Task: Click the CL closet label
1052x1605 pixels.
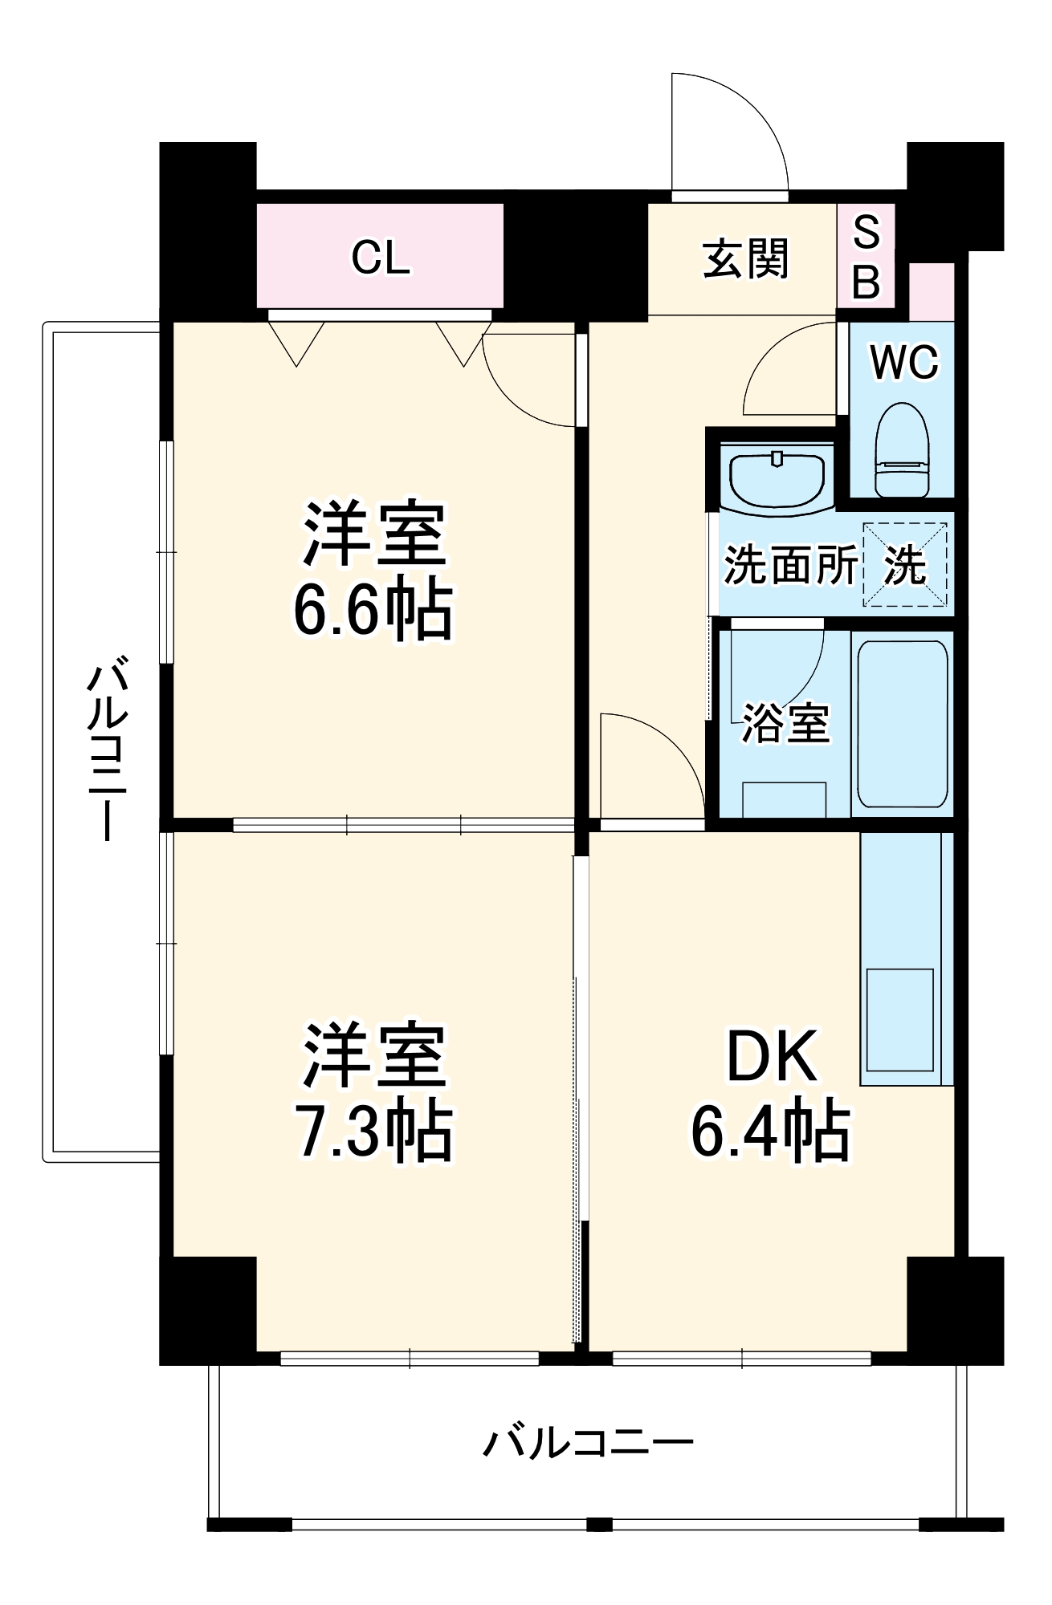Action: click(381, 258)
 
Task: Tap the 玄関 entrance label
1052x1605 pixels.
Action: click(746, 258)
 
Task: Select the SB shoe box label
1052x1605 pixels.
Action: click(866, 257)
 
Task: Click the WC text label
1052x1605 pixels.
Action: click(904, 363)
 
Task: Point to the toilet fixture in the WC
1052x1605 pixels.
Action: click(901, 451)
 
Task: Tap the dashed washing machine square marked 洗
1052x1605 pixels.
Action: click(905, 565)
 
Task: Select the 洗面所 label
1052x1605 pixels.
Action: click(790, 565)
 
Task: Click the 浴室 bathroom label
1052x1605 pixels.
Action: click(785, 723)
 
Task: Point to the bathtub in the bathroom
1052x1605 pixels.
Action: click(902, 723)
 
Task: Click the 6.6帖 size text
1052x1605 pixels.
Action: click(373, 612)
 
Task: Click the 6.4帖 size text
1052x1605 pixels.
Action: click(771, 1132)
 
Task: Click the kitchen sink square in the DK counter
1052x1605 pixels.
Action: click(900, 1019)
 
